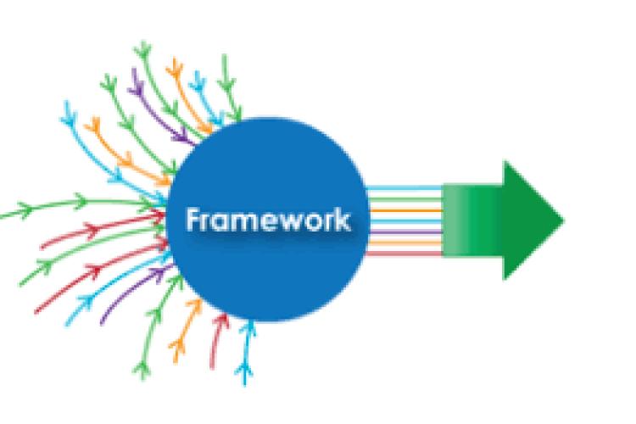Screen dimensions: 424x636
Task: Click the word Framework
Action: (x=267, y=220)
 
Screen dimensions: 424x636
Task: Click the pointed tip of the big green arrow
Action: (x=561, y=220)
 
